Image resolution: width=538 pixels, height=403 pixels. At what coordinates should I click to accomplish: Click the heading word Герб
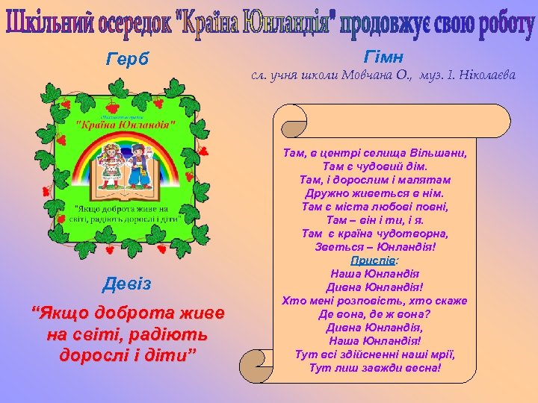point(128,60)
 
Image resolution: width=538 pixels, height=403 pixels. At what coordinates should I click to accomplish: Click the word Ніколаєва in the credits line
point(483,75)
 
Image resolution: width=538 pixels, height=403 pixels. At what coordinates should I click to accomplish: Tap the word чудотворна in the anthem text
point(411,234)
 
